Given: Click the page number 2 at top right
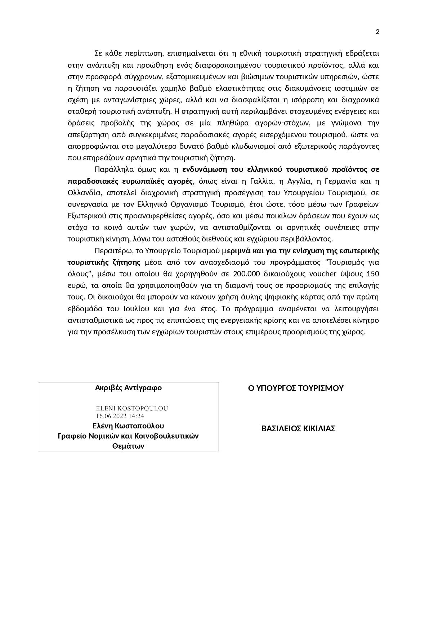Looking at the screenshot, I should [377, 32].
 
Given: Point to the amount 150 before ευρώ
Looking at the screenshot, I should [373, 274].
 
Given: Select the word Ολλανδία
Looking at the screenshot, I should [83, 193].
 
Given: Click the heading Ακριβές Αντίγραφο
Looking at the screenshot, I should [128, 388].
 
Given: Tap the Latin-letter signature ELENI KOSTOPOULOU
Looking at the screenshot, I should [132, 409].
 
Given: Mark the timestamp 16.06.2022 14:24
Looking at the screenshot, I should [120, 416].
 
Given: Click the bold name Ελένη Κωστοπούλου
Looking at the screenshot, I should [128, 426].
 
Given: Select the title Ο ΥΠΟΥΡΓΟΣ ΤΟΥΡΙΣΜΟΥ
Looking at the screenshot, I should [296, 388].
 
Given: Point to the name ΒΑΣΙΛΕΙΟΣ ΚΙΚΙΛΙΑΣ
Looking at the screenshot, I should [298, 429].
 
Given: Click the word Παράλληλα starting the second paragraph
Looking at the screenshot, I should [111, 169].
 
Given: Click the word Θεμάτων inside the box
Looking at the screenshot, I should [128, 446].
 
